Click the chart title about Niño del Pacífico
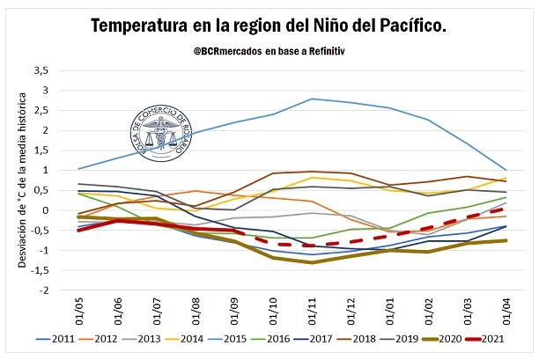(269, 27)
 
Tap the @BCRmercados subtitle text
(269, 52)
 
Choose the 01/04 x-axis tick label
(504, 310)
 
